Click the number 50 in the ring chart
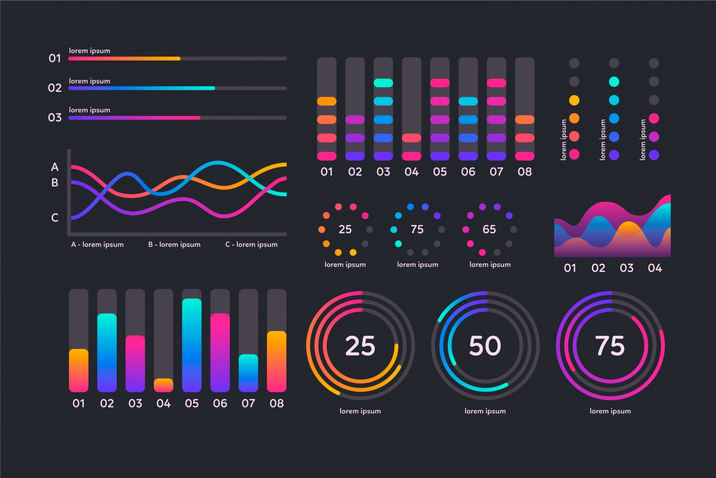tap(485, 346)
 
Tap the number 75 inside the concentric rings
tap(609, 346)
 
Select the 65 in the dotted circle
tap(489, 229)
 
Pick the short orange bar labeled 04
tap(163, 385)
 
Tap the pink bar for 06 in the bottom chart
tap(220, 350)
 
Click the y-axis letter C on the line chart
tap(55, 218)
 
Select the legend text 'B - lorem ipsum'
tap(174, 244)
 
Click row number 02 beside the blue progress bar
tap(55, 88)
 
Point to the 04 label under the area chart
tap(655, 268)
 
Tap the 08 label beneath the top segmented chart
tap(524, 172)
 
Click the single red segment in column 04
tap(411, 138)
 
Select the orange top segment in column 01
tap(326, 101)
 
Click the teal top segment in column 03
tap(383, 83)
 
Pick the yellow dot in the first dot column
tap(574, 100)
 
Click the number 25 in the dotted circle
tap(345, 229)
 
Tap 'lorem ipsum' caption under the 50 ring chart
tap(485, 411)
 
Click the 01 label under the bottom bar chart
tap(78, 404)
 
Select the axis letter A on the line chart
tap(55, 167)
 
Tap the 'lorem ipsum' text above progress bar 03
tap(90, 110)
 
